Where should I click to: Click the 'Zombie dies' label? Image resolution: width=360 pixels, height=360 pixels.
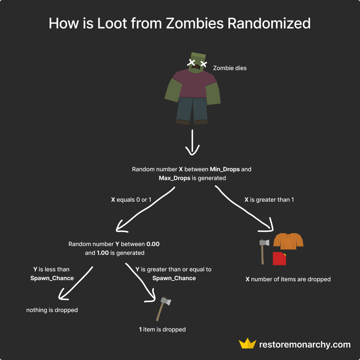pos(230,68)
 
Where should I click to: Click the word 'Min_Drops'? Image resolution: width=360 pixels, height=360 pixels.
pos(225,169)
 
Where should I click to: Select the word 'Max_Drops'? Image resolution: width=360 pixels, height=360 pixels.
pos(175,178)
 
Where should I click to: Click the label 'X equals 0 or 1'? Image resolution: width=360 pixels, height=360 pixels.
pos(131,200)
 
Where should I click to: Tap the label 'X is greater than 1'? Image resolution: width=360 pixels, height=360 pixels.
pos(269,200)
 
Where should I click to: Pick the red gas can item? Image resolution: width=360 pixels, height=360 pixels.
pos(279,258)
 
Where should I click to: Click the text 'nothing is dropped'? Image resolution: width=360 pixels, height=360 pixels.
pos(52,310)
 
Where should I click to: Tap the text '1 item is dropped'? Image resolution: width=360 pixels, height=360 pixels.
pos(162,330)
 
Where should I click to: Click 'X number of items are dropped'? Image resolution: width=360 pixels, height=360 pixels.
pos(288,279)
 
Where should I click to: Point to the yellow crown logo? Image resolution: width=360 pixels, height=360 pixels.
pos(247,344)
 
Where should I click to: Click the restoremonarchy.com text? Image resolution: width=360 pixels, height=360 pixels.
pos(305,345)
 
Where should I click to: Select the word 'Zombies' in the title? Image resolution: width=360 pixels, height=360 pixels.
pos(195,23)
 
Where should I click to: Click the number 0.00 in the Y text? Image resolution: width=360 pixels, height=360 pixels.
pos(153,244)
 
